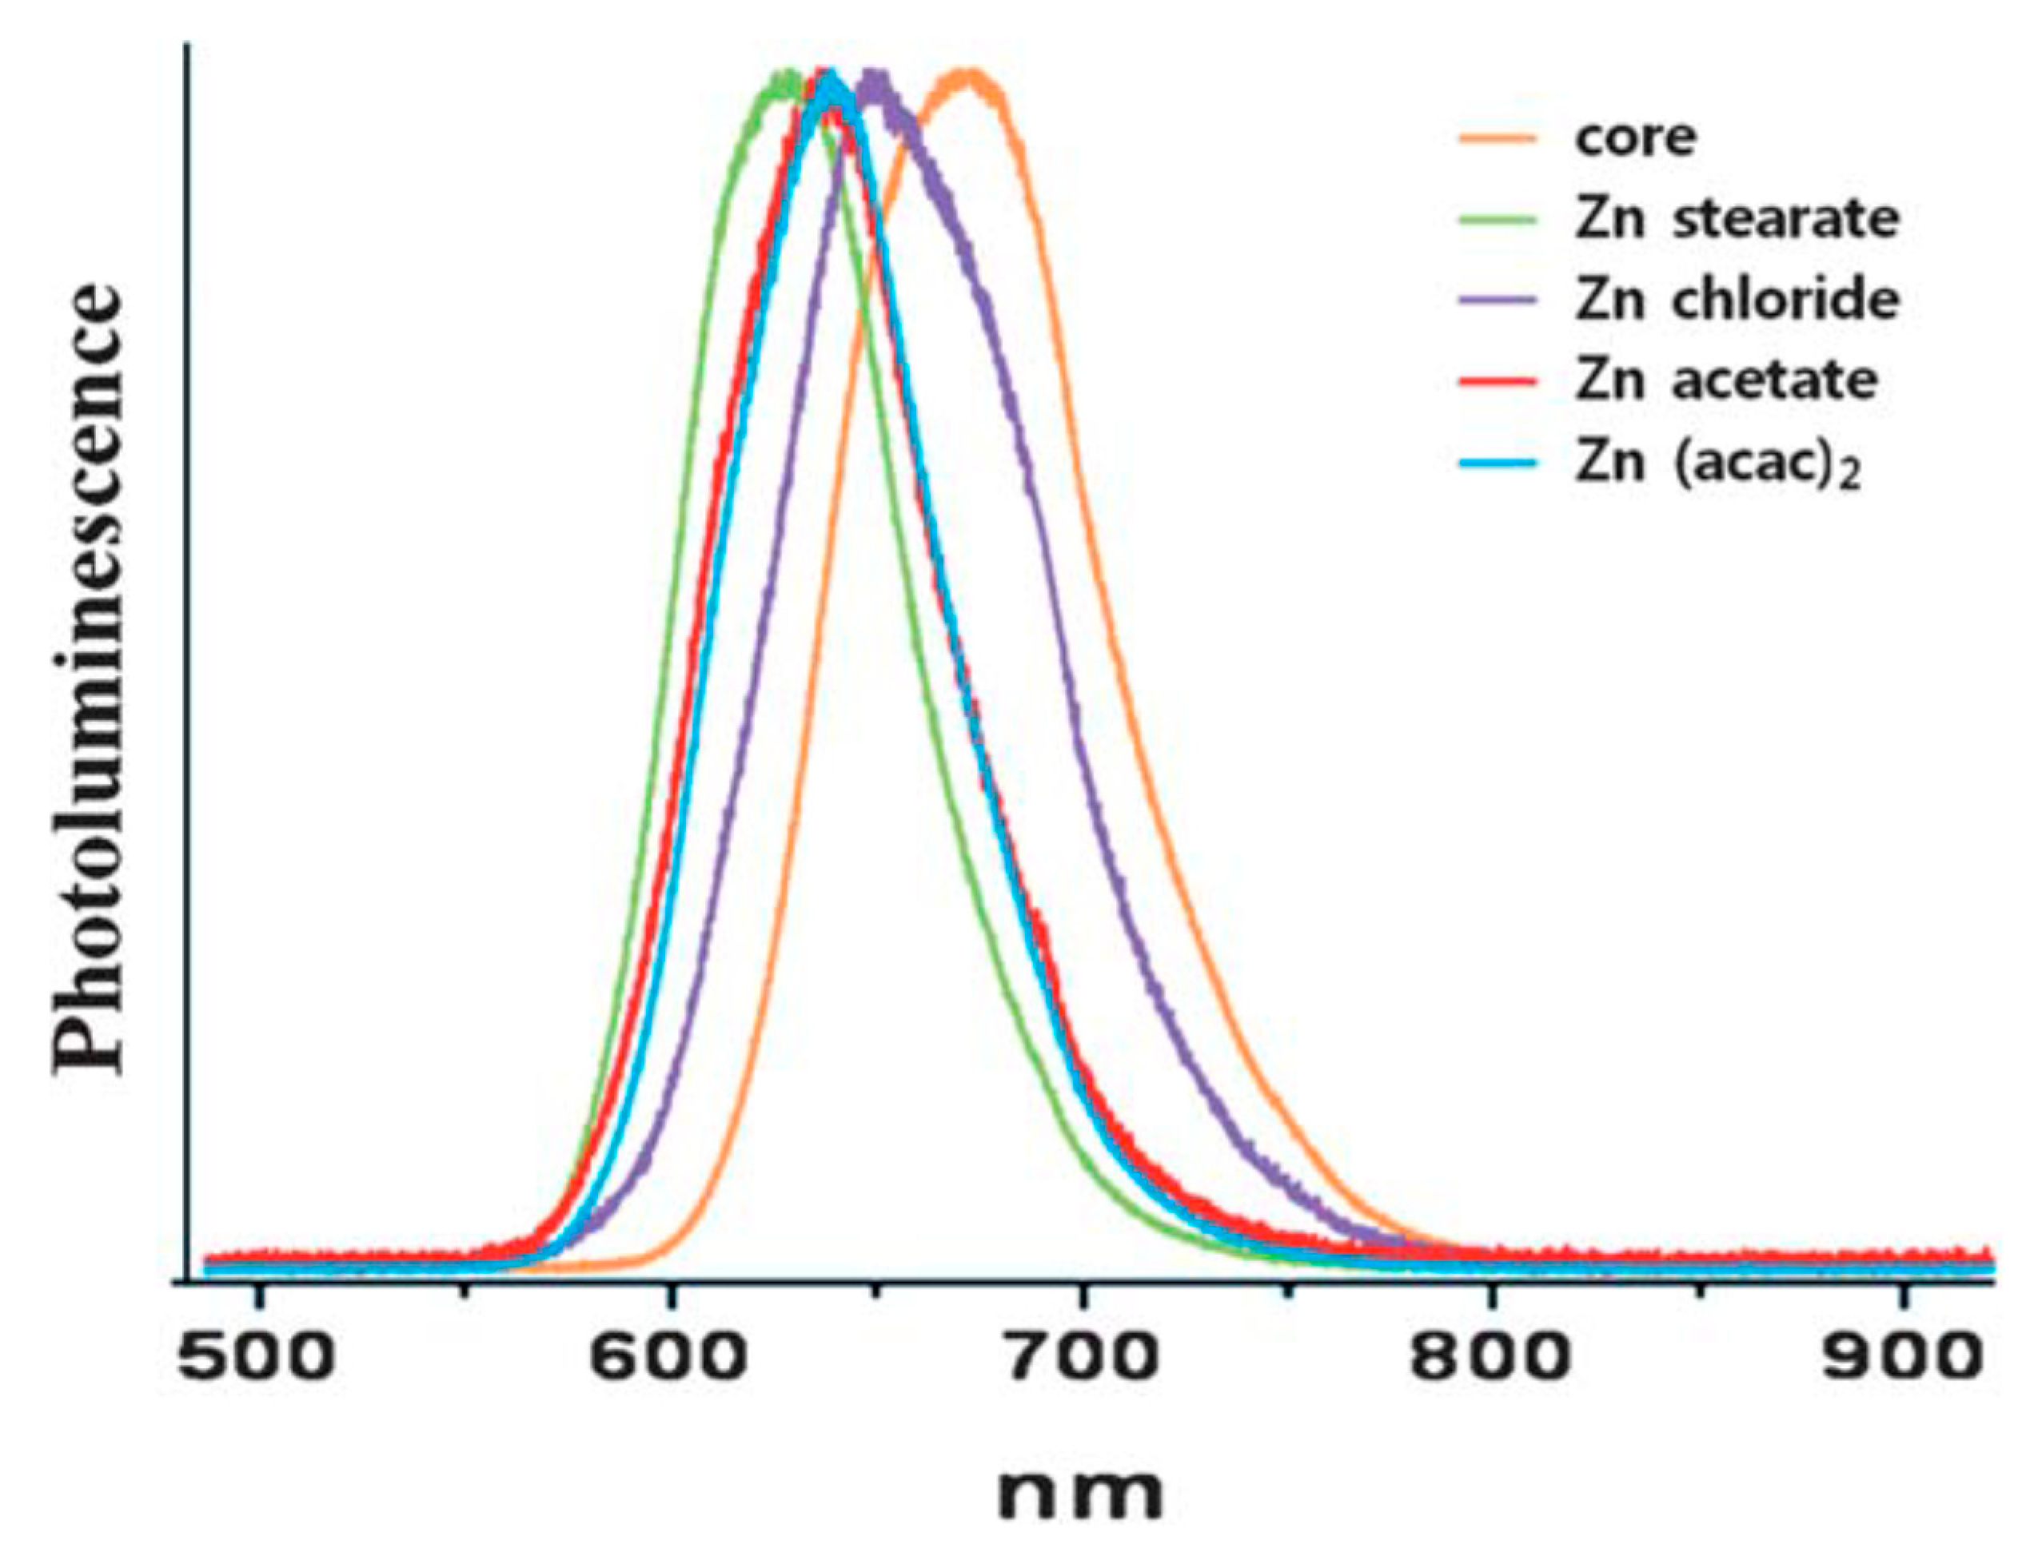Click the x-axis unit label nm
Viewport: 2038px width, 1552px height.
(1079, 1493)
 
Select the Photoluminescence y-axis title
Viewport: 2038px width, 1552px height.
(88, 679)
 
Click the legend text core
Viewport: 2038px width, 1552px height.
(1636, 137)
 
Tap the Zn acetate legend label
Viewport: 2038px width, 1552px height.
(1726, 380)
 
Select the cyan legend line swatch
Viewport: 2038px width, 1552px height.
(1498, 461)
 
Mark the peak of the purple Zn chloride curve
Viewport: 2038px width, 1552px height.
(872, 76)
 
